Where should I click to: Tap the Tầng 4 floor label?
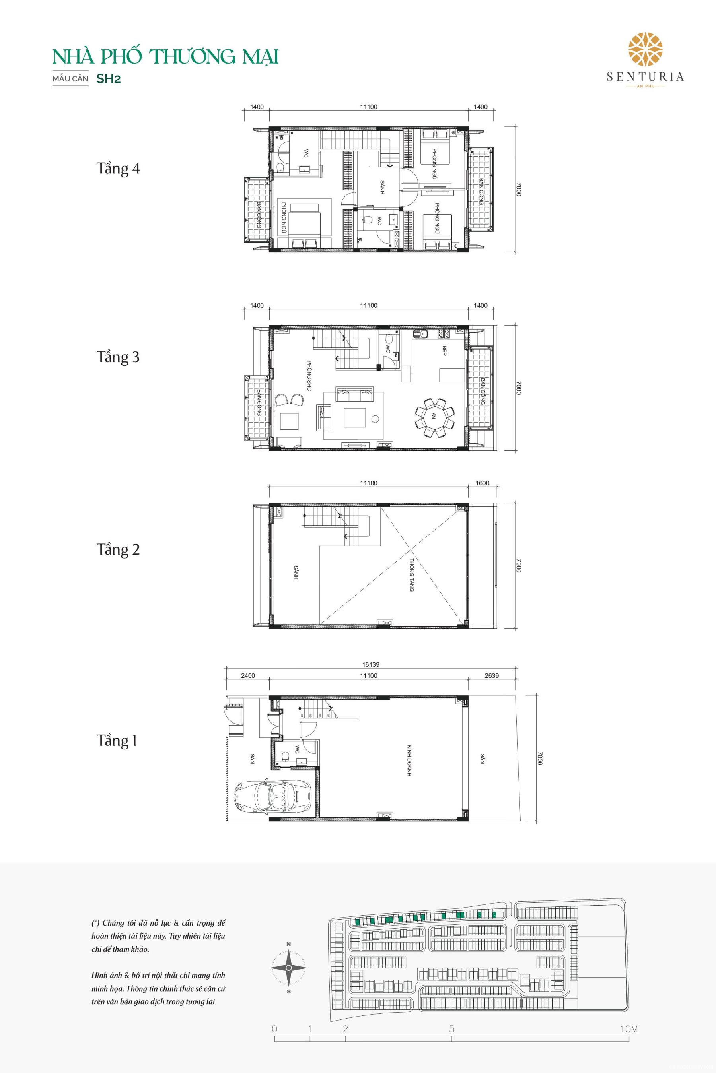click(118, 169)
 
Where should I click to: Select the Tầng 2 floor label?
click(118, 549)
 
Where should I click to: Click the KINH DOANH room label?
click(410, 761)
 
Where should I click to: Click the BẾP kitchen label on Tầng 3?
click(444, 351)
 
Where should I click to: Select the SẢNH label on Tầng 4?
click(381, 187)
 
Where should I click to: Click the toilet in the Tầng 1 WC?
click(285, 756)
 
